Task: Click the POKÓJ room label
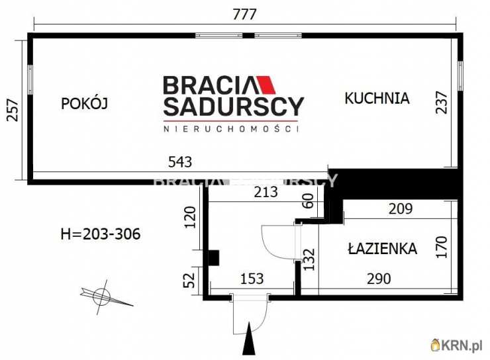pos(84,103)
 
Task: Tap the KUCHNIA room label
pos(377,99)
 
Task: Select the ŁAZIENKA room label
pos(382,249)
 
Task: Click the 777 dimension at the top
pos(245,14)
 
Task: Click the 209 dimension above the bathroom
pos(400,209)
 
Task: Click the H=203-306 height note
pos(100,234)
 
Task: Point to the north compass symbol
pos(102,296)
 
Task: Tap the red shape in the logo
pos(268,85)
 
